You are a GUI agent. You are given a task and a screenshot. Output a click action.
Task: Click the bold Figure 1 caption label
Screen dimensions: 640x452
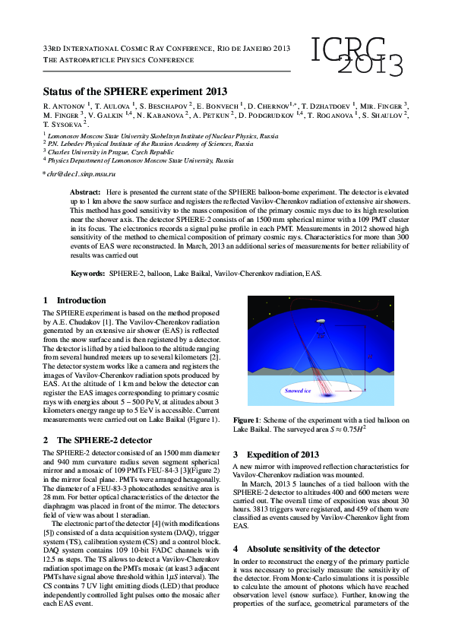[x=247, y=420]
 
